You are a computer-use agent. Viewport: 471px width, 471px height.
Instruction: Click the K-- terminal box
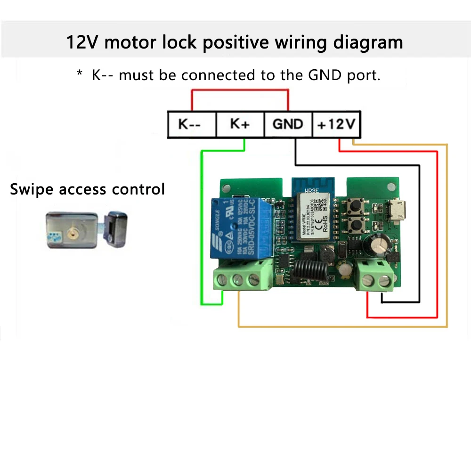tap(191, 125)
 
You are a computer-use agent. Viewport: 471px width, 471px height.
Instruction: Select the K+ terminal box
tap(240, 125)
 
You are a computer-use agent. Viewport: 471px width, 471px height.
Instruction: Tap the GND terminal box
tap(288, 125)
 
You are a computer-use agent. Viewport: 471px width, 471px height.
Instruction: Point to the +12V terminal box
tap(336, 125)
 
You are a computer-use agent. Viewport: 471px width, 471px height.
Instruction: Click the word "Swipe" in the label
tap(32, 189)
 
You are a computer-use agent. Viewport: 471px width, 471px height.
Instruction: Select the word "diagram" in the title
tap(368, 42)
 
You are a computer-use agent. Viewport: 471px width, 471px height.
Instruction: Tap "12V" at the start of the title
tap(83, 42)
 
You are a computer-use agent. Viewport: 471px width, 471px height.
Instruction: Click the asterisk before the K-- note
tap(80, 73)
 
